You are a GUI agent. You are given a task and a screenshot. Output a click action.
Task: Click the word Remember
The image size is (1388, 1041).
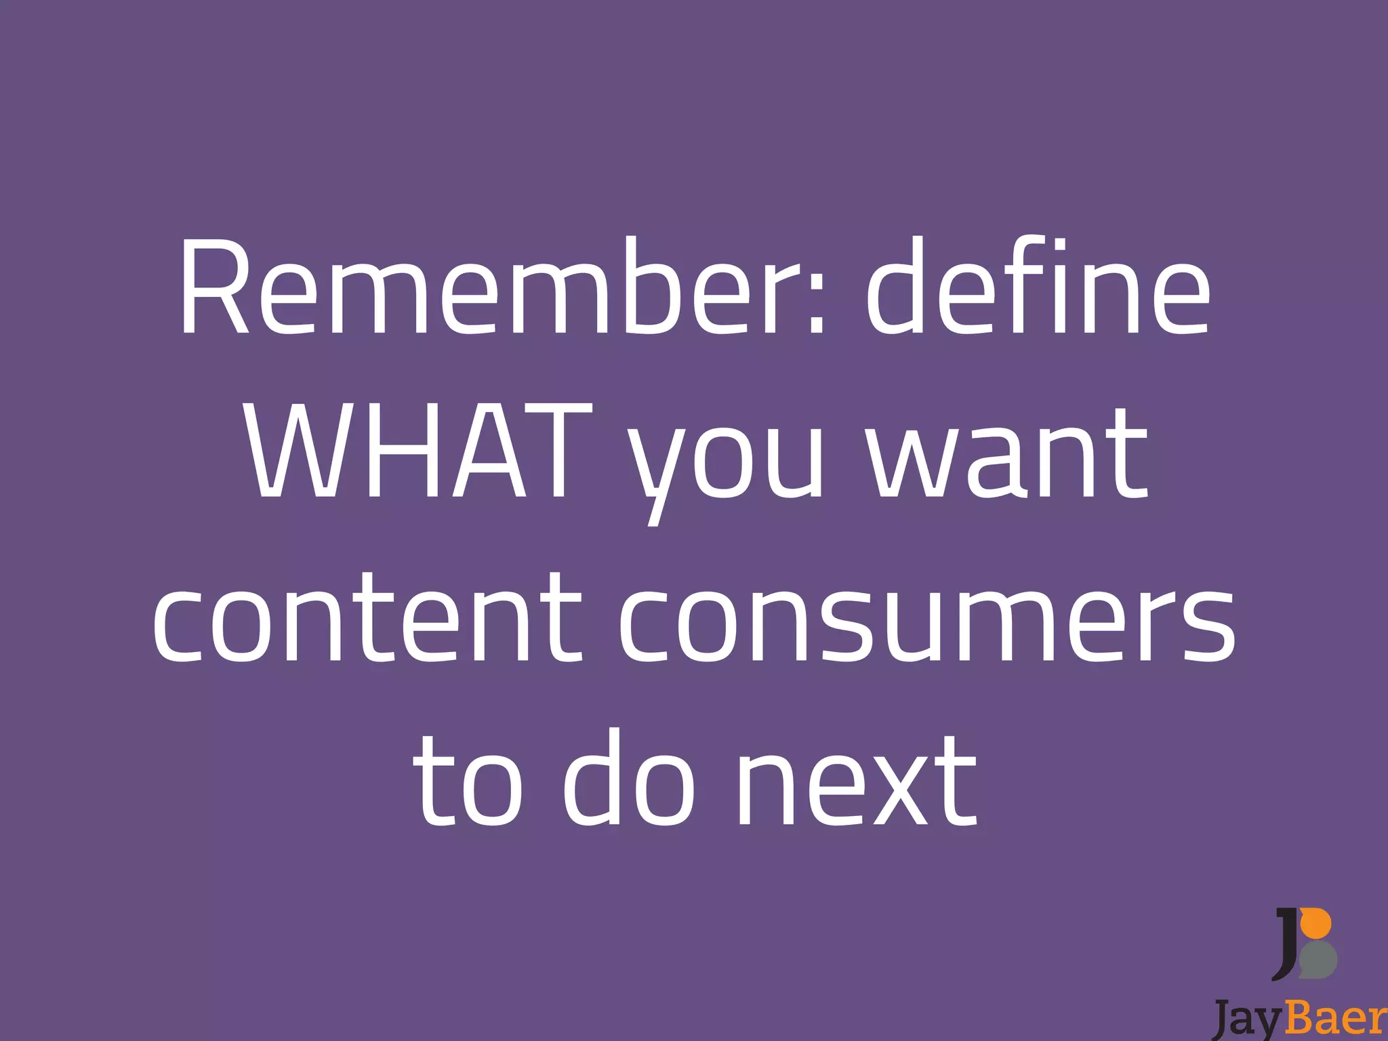click(x=502, y=288)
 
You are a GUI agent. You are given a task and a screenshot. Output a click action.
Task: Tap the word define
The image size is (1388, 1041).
click(x=1038, y=288)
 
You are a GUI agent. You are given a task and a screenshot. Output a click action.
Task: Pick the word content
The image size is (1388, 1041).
click(x=367, y=617)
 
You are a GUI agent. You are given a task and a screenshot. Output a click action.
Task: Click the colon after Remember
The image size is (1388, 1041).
click(x=817, y=302)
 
